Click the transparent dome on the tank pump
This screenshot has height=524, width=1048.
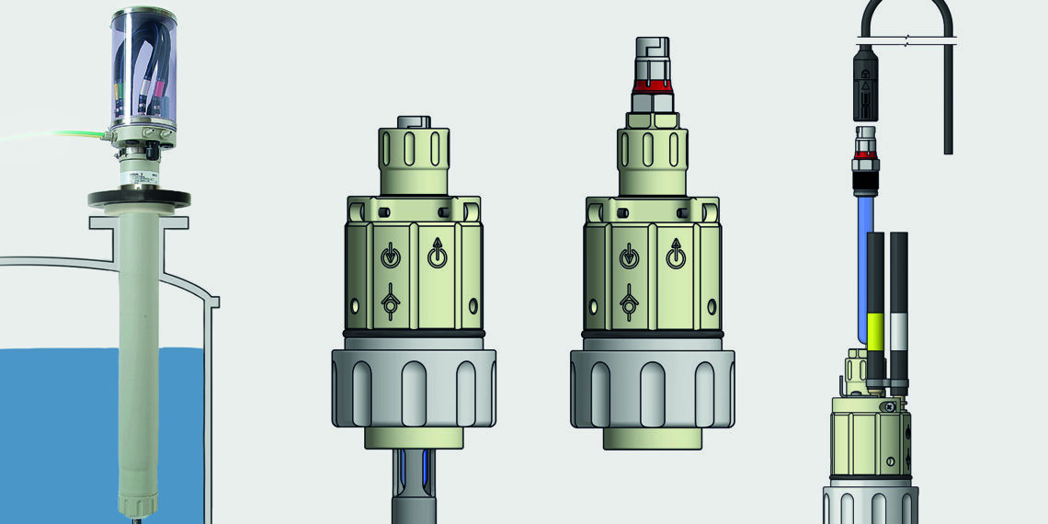click(x=143, y=69)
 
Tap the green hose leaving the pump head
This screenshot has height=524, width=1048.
click(x=55, y=137)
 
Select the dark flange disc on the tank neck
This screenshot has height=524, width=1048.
click(x=139, y=198)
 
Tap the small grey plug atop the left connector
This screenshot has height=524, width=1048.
click(x=413, y=121)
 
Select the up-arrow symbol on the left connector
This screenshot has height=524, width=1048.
click(x=438, y=253)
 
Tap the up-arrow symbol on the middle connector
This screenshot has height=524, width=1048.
click(x=677, y=253)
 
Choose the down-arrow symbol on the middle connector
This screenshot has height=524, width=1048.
click(x=628, y=255)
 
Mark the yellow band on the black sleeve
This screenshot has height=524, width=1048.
click(x=874, y=331)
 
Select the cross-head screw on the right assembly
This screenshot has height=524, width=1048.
click(x=888, y=408)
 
